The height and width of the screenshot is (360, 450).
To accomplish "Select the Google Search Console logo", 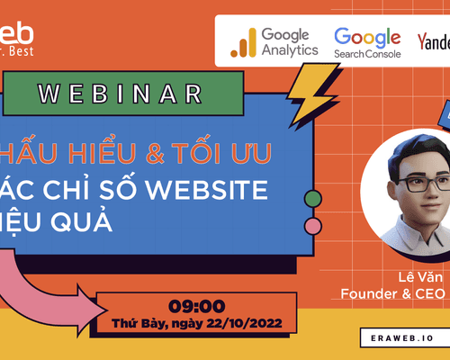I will pyautogui.click(x=367, y=41).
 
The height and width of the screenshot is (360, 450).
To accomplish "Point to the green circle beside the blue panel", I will pyautogui.click(x=313, y=198).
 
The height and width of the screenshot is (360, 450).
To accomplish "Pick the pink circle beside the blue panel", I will pyautogui.click(x=313, y=224).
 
